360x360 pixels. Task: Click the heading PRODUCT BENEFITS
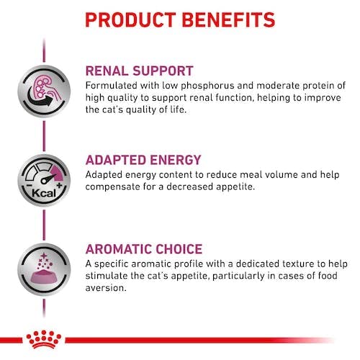[180, 19]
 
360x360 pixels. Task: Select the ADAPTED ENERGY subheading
[143, 160]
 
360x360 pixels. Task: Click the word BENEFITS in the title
[228, 19]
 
